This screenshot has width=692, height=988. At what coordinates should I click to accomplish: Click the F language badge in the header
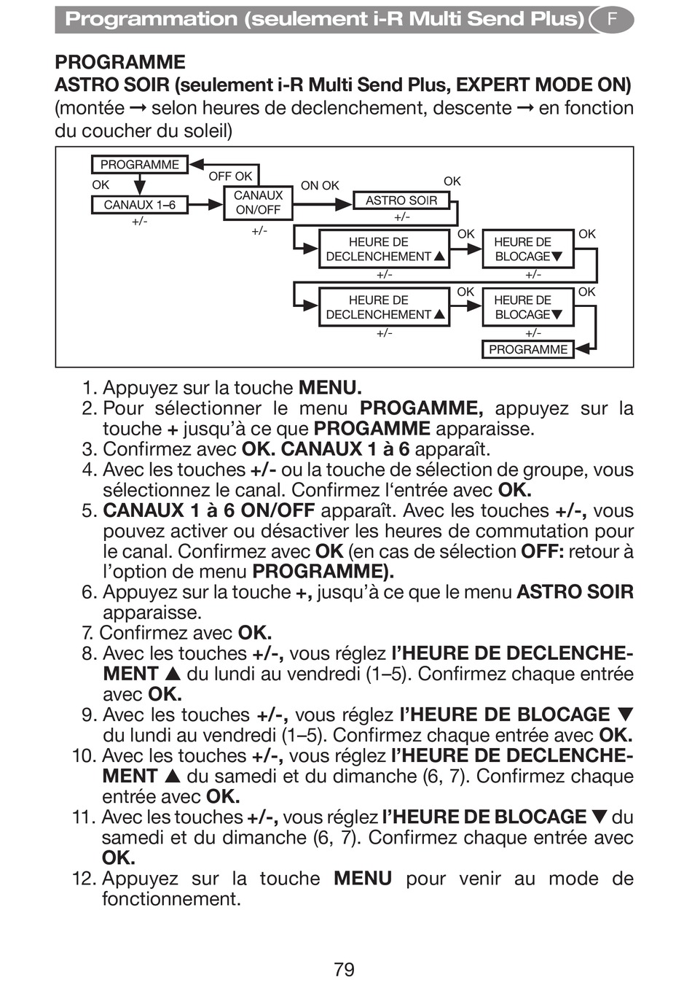click(x=611, y=20)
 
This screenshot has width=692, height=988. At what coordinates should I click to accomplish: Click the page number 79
click(x=344, y=969)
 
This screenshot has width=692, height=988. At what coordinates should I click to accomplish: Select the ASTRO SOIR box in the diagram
click(x=401, y=201)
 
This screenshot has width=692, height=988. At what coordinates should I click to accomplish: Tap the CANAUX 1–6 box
click(x=139, y=205)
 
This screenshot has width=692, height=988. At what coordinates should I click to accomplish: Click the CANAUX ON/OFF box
click(x=258, y=203)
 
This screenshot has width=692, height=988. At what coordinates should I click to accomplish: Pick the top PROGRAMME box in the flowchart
click(x=139, y=165)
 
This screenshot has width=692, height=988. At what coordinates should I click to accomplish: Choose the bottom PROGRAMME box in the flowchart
click(x=527, y=349)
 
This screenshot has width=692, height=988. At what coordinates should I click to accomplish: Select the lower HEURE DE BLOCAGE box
click(x=527, y=308)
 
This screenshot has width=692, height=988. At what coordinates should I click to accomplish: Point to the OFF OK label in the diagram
click(x=230, y=176)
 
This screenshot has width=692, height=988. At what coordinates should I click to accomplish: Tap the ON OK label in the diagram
click(x=320, y=186)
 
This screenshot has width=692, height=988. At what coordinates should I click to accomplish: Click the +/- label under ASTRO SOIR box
click(x=401, y=217)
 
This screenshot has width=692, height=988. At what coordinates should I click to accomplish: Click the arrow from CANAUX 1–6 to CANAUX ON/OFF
click(x=205, y=205)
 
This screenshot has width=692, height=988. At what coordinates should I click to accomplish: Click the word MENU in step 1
click(x=329, y=388)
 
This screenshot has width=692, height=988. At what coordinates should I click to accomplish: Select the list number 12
click(x=83, y=879)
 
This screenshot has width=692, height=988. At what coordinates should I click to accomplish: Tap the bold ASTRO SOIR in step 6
click(x=575, y=592)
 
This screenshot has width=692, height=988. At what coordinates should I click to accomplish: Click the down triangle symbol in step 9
click(x=625, y=715)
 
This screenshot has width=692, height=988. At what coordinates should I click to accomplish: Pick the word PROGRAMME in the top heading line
click(x=120, y=62)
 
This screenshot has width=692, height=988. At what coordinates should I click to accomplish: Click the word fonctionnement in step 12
click(x=171, y=899)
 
